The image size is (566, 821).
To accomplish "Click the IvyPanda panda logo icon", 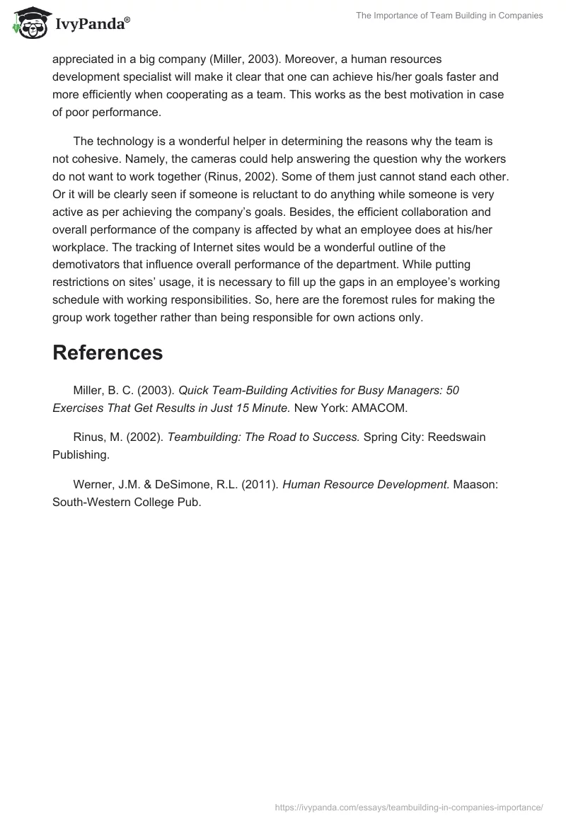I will point(28,23).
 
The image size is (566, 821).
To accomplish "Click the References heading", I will point(108,352).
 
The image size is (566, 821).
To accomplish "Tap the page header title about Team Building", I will point(449,16).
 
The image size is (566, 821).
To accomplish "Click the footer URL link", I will point(408,806).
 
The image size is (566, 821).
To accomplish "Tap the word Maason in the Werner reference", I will point(481,485).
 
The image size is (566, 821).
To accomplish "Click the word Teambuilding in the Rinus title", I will point(202,437).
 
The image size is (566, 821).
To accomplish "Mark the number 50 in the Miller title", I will point(452,390).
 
